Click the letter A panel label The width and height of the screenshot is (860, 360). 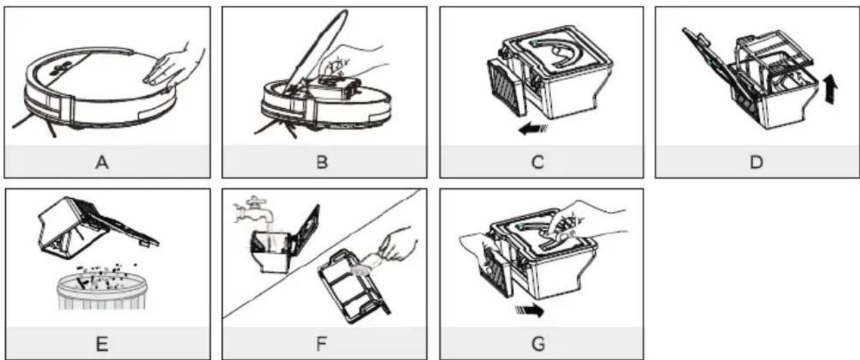tap(102, 163)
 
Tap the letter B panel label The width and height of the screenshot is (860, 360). tap(322, 163)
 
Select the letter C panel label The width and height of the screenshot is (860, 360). tap(538, 163)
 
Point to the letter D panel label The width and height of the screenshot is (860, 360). tap(756, 163)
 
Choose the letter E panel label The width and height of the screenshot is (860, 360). tap(102, 344)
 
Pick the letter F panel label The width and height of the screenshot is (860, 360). tap(321, 344)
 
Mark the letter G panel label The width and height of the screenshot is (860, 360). tap(538, 344)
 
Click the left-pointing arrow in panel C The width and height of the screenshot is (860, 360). tap(533, 129)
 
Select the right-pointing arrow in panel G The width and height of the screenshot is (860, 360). tap(530, 310)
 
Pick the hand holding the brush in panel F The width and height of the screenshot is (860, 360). tap(398, 245)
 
